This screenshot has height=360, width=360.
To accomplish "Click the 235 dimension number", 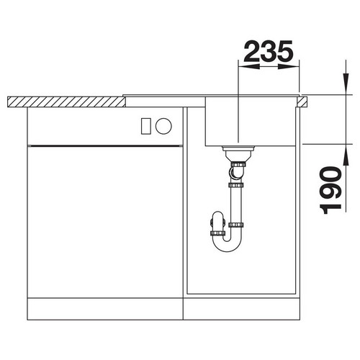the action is click(x=269, y=51).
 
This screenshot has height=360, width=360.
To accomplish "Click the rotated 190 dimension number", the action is click(x=331, y=190).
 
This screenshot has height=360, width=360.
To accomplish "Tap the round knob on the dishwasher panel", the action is click(x=163, y=126).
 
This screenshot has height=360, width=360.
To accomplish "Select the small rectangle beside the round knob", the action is click(x=145, y=126).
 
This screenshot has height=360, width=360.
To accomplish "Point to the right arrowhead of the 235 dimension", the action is click(x=289, y=66).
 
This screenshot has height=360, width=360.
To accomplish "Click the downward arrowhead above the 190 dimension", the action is click(x=346, y=84).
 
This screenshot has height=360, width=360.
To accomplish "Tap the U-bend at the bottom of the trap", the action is click(x=227, y=247).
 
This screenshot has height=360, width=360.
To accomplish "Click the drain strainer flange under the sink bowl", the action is click(x=238, y=148).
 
